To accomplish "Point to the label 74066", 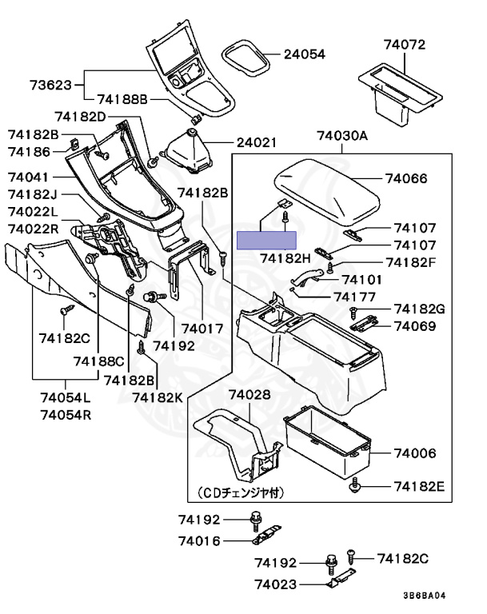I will pyautogui.click(x=406, y=180).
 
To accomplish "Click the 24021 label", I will pyautogui.click(x=256, y=143).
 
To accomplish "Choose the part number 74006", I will pyautogui.click(x=414, y=453).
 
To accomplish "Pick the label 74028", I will pyautogui.click(x=249, y=396).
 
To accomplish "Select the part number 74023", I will pyautogui.click(x=276, y=584).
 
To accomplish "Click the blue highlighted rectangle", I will pyautogui.click(x=267, y=239).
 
